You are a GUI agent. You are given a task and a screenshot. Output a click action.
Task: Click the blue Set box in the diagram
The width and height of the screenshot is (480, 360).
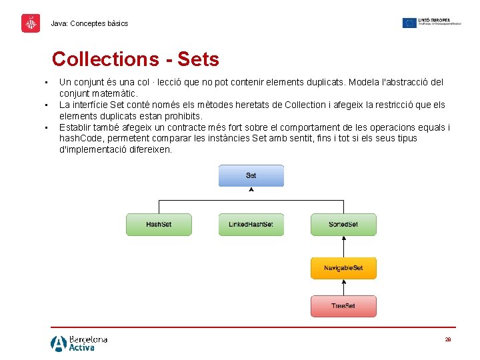[251, 175]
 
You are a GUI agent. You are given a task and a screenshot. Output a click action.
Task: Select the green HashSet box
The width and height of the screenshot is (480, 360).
[159, 224]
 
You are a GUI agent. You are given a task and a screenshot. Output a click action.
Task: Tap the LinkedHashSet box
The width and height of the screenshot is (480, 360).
[251, 224]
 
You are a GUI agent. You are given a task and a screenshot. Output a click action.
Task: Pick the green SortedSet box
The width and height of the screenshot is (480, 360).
[343, 224]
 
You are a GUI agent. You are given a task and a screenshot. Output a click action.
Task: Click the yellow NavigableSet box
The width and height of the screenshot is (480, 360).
[343, 268]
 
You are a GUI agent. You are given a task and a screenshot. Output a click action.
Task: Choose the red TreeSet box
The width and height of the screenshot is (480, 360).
[343, 306]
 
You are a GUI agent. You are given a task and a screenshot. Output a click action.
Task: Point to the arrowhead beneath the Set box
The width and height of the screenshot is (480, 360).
[251, 190]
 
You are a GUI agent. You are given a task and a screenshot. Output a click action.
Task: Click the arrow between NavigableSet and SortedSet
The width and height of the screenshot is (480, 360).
[343, 246]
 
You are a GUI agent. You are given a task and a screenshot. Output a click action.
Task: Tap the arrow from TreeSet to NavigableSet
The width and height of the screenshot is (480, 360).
[343, 287]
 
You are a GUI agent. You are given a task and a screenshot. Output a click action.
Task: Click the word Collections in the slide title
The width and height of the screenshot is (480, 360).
[105, 59]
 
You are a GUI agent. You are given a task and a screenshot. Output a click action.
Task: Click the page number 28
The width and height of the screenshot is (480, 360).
[448, 339]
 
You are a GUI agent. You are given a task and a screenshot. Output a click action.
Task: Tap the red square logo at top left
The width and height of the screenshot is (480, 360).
[31, 23]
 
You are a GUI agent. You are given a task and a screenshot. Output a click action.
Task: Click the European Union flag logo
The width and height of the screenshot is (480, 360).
[409, 23]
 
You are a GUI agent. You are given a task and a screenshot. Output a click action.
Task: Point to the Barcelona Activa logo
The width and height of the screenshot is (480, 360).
[79, 343]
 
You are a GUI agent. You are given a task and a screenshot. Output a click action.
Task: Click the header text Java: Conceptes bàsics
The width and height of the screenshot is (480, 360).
[89, 23]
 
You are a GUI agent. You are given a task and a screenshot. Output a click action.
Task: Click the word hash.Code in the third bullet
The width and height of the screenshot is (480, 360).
[81, 139]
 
